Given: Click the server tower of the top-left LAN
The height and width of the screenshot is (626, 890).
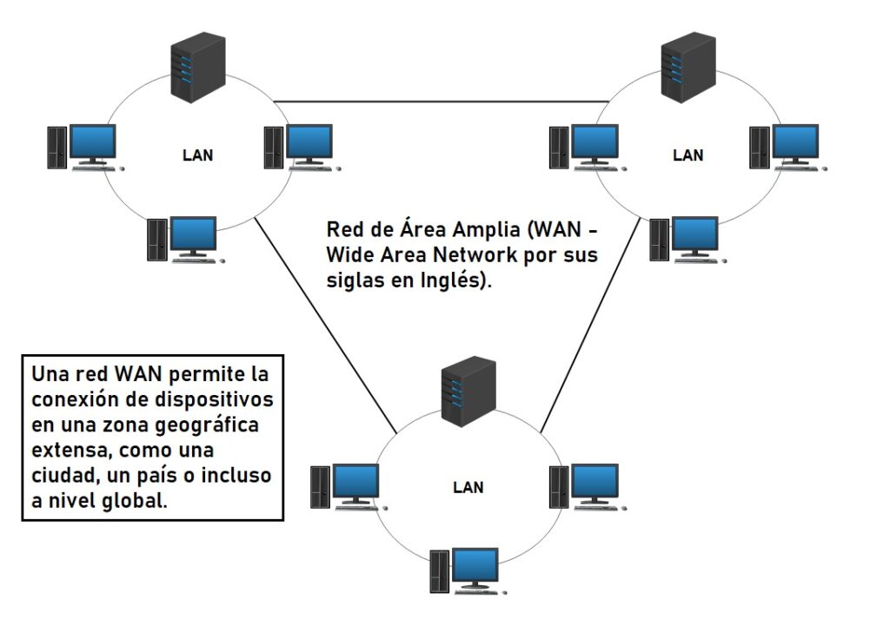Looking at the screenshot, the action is click(198, 68).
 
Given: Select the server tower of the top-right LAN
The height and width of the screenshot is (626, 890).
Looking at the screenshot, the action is click(688, 68).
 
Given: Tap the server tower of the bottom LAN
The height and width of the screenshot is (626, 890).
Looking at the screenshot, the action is click(468, 392).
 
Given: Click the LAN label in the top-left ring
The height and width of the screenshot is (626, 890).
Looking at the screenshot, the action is click(197, 155).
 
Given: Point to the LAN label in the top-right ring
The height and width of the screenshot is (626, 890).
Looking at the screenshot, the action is click(688, 155).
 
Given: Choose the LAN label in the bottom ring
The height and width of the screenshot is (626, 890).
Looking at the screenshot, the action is click(468, 487).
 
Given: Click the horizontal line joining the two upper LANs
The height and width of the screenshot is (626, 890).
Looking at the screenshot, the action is click(441, 102).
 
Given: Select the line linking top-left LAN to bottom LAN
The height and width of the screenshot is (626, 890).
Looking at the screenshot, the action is click(325, 325).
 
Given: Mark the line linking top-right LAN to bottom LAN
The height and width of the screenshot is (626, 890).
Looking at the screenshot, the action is click(591, 325).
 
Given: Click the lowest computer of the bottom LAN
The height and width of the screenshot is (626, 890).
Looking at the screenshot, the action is click(468, 571).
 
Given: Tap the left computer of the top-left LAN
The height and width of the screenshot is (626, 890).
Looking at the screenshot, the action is click(86, 148).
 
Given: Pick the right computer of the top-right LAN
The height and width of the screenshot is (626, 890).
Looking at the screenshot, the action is click(788, 148).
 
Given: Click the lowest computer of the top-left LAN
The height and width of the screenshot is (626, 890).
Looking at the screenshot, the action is click(186, 240).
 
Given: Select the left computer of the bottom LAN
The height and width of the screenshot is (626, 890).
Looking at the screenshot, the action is click(349, 488).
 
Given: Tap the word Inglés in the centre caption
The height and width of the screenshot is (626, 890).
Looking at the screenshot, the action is click(451, 280).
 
